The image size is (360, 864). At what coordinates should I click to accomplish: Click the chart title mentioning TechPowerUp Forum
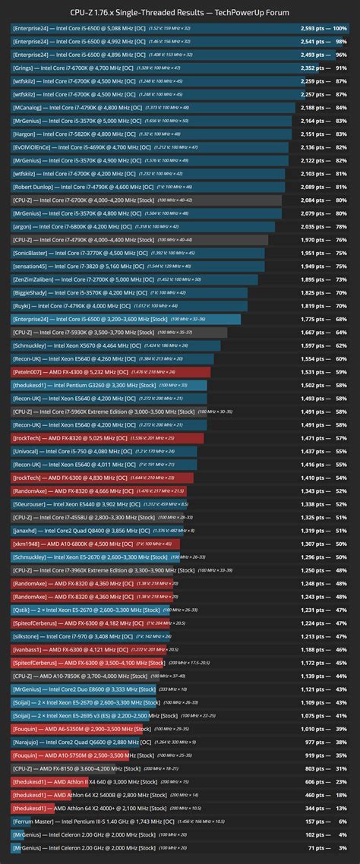pos(180,11)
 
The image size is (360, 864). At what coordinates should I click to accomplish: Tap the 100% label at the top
pos(341,28)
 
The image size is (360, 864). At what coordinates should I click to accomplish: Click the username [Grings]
pos(23,68)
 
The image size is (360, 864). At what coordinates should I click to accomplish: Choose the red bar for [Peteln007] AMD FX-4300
pos(106,372)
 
